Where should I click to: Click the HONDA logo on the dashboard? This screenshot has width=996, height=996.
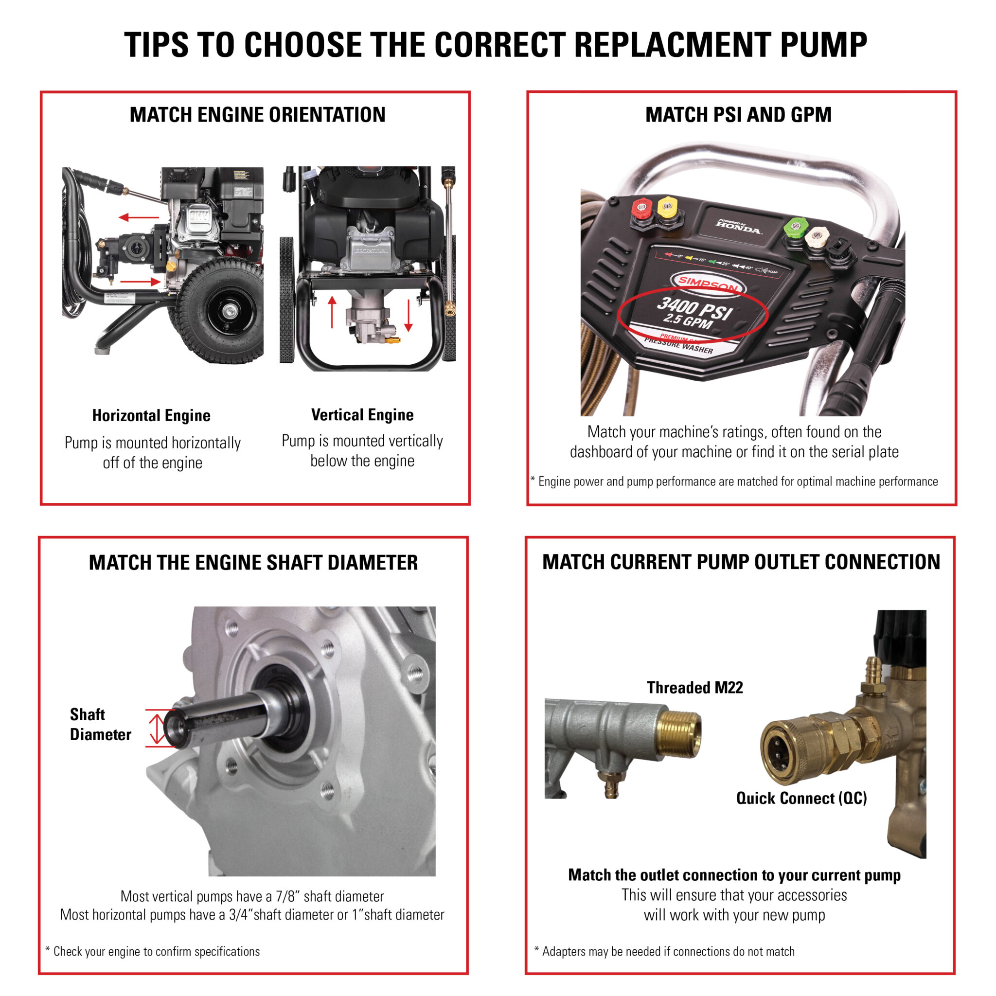[739, 227]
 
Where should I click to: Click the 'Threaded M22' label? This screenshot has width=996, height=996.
[694, 687]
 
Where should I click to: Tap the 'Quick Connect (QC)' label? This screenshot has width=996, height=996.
[801, 798]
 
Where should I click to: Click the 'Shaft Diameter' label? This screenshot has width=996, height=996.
[100, 724]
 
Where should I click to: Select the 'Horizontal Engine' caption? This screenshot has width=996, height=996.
[151, 415]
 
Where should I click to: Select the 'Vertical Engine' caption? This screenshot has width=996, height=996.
[362, 414]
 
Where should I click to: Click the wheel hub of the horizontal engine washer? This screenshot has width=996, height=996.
[227, 311]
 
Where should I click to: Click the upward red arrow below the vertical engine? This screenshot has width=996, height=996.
[332, 312]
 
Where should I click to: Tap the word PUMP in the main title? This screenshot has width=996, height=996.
[823, 45]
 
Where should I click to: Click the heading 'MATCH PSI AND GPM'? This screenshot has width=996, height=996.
[738, 114]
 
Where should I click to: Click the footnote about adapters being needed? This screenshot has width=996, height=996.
[664, 951]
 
